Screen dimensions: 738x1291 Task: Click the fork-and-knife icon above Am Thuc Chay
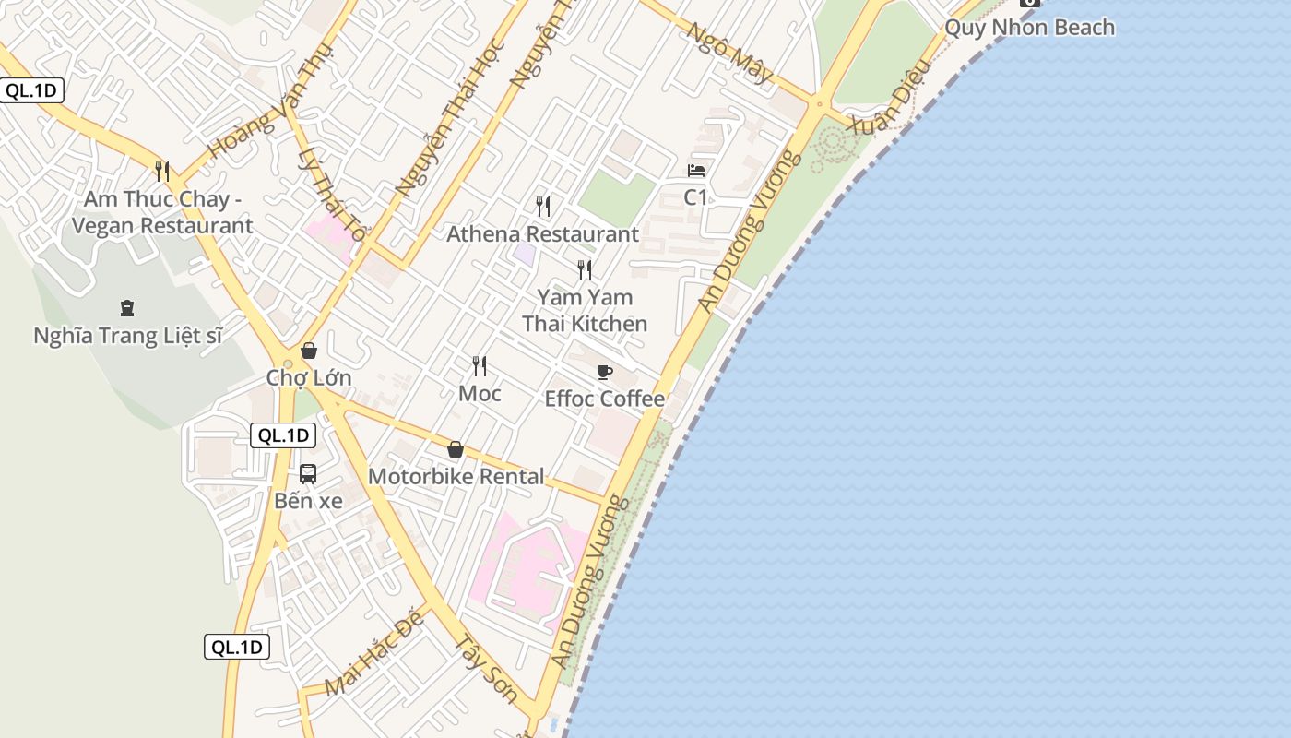[162, 172]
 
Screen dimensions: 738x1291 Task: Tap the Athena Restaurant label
[542, 234]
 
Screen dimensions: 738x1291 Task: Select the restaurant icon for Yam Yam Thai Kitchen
[585, 269]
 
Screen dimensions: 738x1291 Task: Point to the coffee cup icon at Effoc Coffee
[605, 372]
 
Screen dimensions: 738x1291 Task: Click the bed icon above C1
[696, 171]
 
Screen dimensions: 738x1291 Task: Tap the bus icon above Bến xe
[308, 474]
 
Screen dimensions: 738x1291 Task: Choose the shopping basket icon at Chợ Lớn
[309, 351]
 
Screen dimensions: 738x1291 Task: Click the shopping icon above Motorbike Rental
[455, 449]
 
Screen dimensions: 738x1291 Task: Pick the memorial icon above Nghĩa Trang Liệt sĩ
[127, 308]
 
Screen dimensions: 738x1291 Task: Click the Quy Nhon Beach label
[1029, 28]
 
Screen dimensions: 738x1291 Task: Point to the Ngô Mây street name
[729, 53]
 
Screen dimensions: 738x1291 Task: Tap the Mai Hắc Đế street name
[374, 652]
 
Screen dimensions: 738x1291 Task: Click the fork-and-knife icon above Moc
[480, 366]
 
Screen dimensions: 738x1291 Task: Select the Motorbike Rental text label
[456, 477]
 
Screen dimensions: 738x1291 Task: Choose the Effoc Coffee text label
[605, 399]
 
